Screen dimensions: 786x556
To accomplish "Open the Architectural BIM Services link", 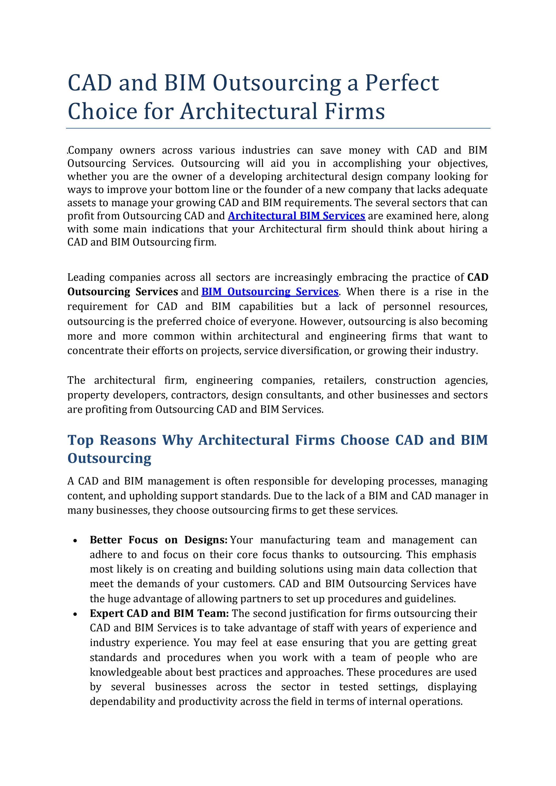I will [297, 216].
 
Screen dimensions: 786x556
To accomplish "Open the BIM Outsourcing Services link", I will [270, 292].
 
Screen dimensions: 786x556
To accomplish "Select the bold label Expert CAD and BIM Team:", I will [159, 613].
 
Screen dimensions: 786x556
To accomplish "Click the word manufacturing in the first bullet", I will [295, 540].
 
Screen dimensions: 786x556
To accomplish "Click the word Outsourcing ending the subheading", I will [109, 458].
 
